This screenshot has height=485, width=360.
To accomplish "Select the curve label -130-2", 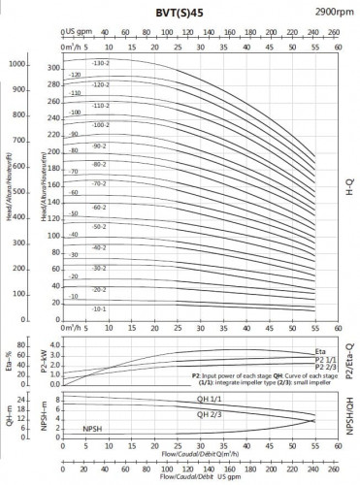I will (x=100, y=63).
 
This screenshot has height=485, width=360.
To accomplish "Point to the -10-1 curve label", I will (x=100, y=308).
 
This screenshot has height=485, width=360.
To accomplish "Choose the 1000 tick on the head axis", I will (x=16, y=65).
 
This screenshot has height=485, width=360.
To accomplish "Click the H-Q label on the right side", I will (x=349, y=183).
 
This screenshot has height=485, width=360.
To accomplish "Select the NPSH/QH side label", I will (x=349, y=413).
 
